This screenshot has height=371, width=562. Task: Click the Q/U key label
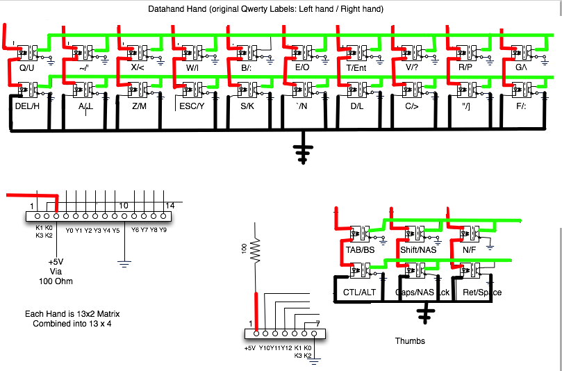click(x=26, y=68)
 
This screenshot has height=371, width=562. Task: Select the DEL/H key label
click(x=28, y=106)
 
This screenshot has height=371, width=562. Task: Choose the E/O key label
click(x=302, y=68)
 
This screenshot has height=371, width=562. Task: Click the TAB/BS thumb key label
click(x=360, y=249)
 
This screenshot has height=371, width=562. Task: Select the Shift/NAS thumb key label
click(x=418, y=249)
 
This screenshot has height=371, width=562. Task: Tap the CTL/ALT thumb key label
click(x=361, y=292)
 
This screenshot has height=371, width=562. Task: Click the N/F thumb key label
click(x=469, y=249)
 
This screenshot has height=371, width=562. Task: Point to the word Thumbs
click(x=409, y=341)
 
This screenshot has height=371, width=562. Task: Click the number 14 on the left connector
click(x=170, y=205)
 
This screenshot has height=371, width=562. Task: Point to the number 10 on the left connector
click(x=123, y=205)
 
